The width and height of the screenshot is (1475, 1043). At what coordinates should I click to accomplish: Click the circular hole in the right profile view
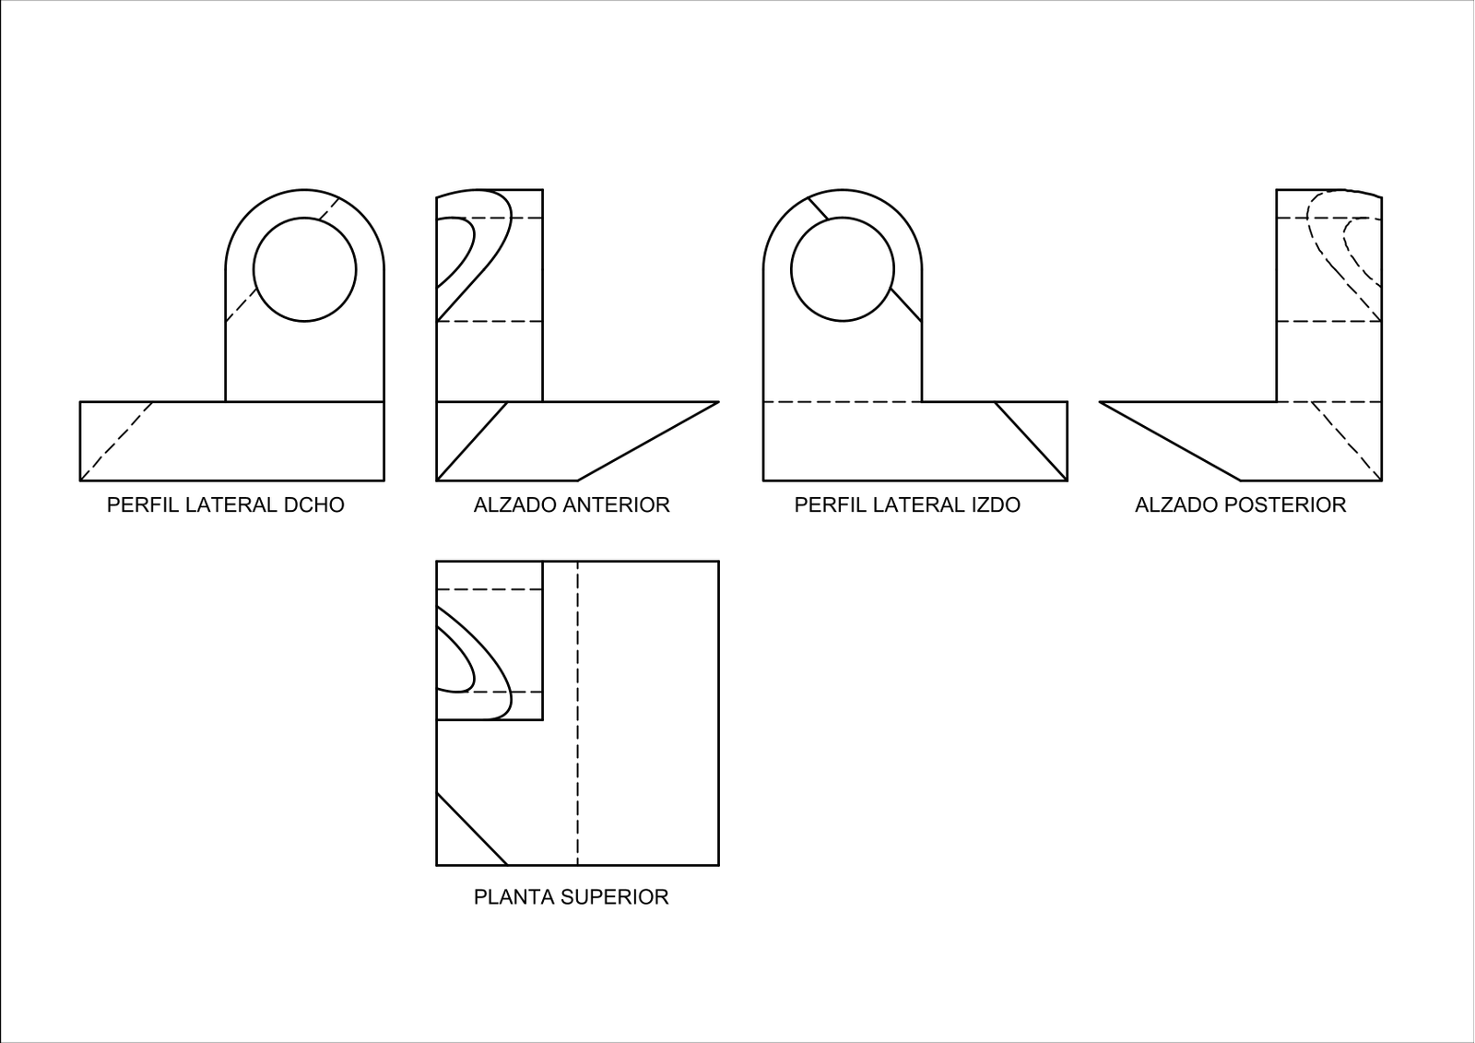pos(305,219)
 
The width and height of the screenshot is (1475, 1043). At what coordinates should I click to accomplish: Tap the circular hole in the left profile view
pos(843,219)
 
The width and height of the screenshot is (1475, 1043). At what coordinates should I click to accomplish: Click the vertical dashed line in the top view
pos(577,713)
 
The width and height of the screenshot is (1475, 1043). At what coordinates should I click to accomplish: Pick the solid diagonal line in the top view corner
pos(472,829)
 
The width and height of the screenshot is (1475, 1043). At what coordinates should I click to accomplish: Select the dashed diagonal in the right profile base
pos(116,441)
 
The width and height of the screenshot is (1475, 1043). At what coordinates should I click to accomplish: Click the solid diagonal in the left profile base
pos(1032,441)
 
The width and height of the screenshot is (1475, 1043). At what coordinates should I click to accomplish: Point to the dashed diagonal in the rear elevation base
pos(1347,441)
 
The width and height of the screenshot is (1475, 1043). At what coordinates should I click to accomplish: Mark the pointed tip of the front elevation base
pos(718,402)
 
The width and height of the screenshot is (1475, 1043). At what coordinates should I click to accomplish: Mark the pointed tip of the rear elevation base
pos(1100,402)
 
